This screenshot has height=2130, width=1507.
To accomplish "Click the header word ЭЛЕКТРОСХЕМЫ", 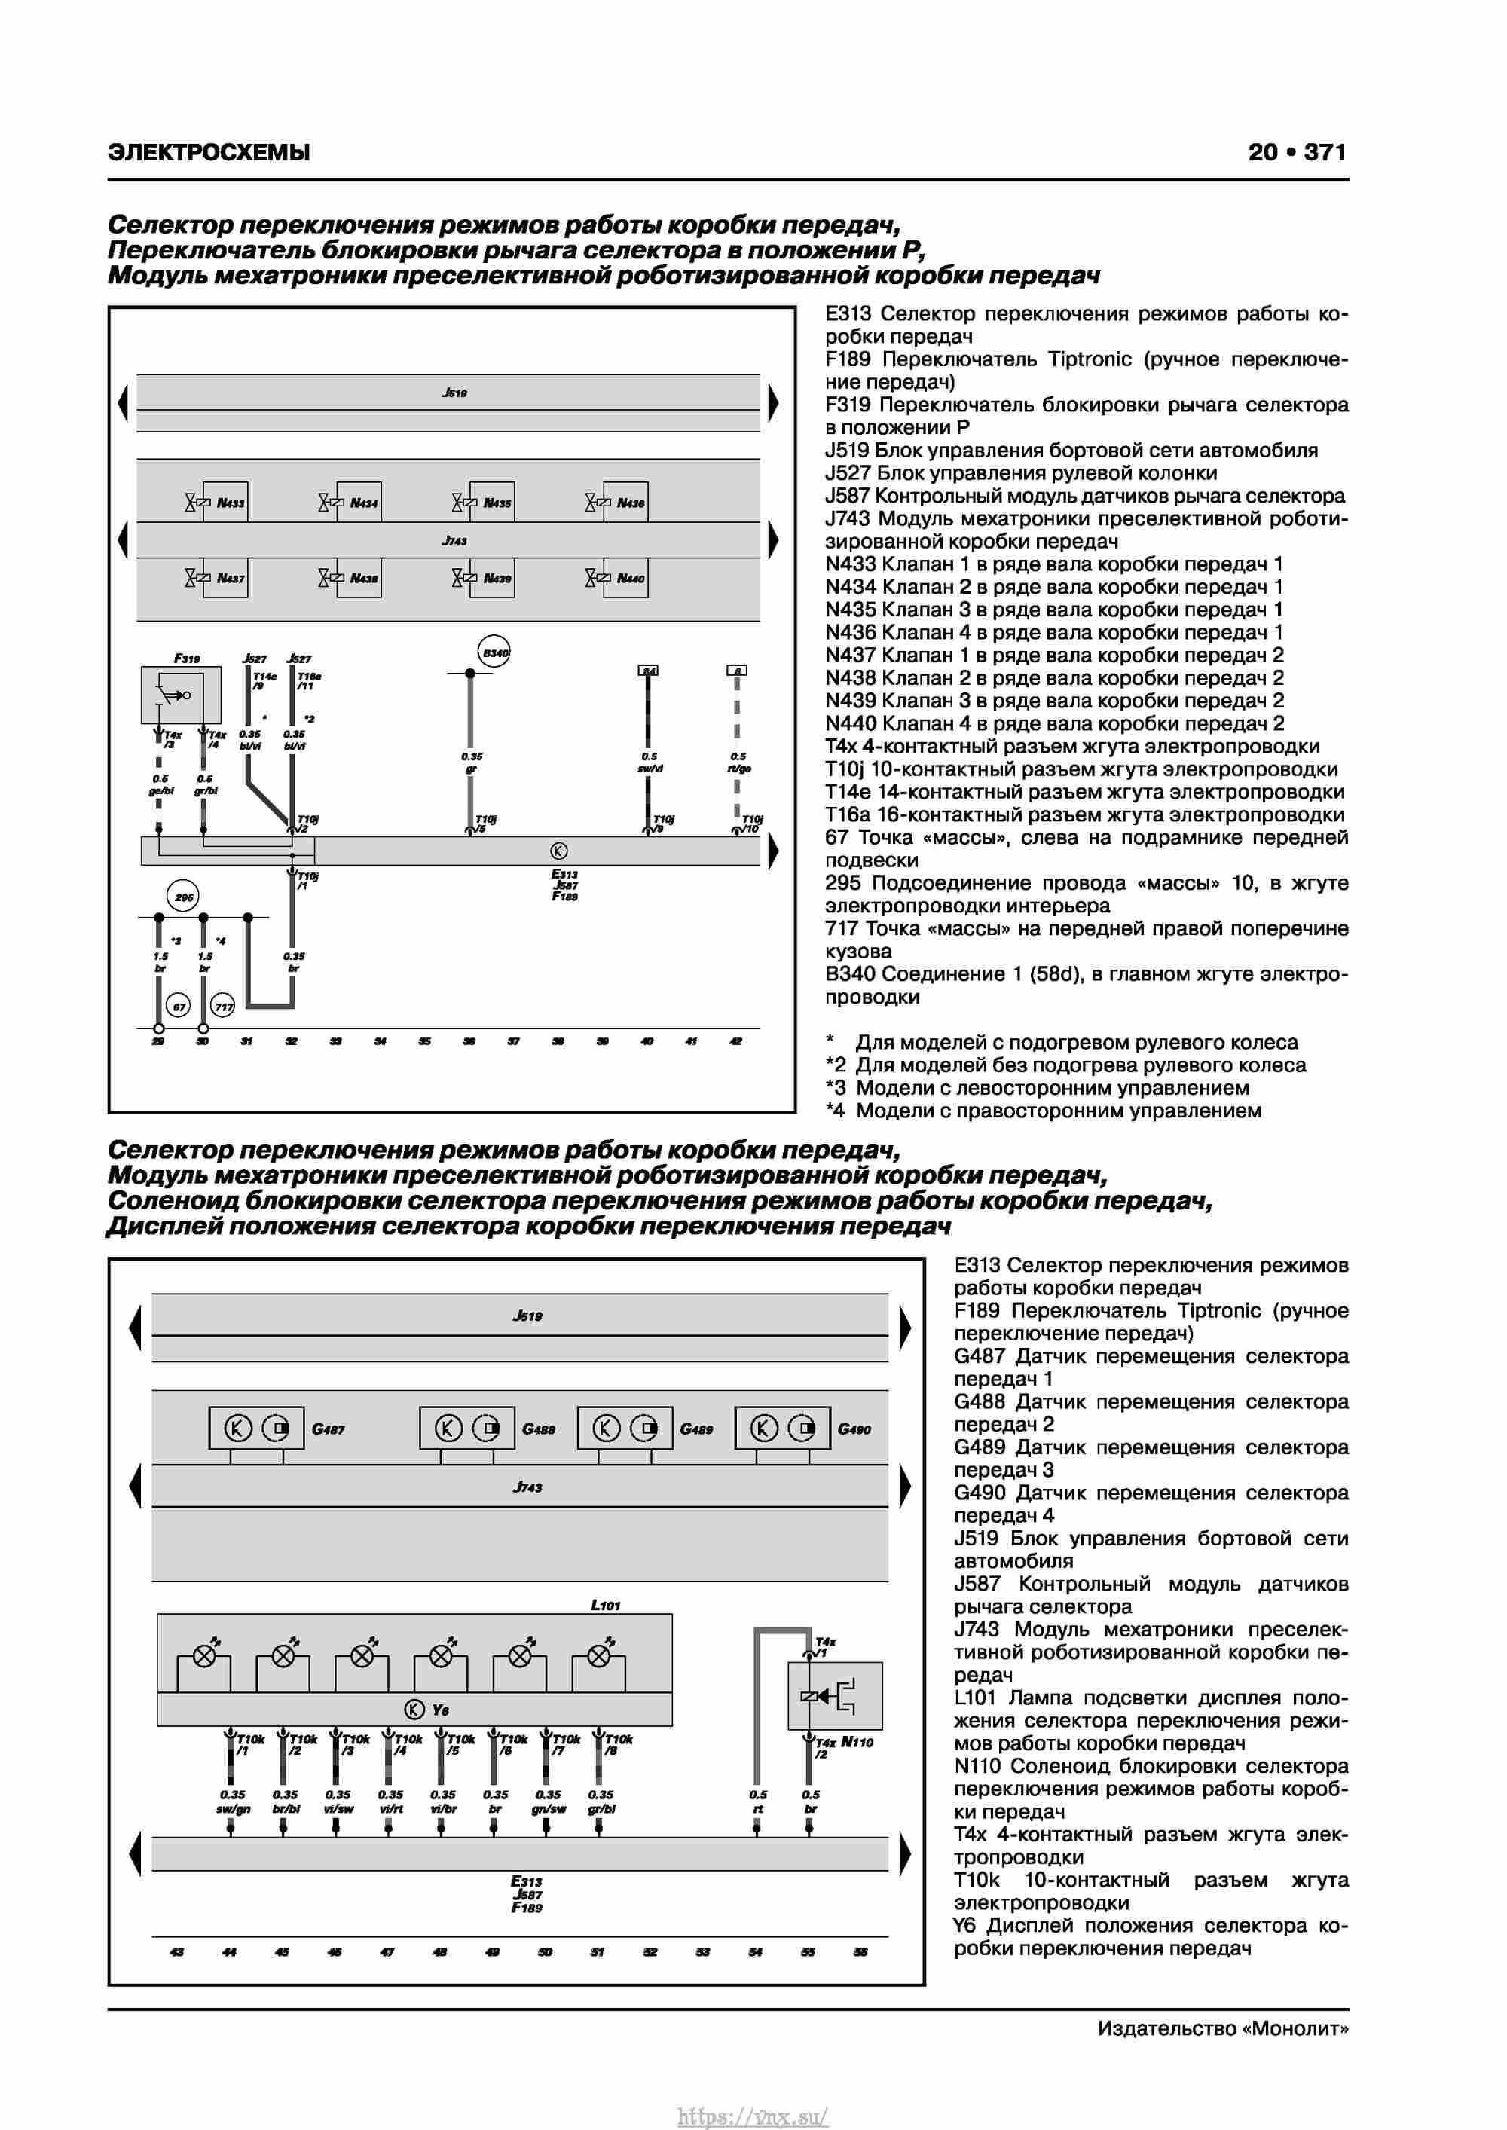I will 209,152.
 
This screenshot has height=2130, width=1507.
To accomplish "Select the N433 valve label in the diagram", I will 230,503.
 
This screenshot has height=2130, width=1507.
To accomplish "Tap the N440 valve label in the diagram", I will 630,579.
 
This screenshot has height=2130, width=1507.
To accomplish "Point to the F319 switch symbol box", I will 181,695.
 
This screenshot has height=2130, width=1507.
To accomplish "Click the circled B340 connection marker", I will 494,652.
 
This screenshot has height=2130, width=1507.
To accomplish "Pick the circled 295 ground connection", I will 183,897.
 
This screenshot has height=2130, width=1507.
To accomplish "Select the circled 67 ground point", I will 178,1007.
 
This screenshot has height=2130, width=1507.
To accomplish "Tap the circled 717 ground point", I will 224,1007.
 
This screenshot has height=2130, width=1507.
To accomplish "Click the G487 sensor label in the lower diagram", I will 329,1429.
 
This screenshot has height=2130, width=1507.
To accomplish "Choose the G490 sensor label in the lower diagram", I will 854,1429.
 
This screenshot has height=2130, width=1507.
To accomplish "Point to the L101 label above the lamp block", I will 605,1605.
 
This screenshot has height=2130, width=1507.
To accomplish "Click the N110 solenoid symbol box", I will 834,1696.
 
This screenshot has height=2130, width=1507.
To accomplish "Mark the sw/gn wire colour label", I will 233,1809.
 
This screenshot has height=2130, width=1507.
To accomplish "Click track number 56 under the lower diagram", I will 860,1952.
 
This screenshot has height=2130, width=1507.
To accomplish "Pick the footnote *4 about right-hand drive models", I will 1043,1111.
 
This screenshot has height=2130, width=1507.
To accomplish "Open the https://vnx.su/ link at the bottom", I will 753,2117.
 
